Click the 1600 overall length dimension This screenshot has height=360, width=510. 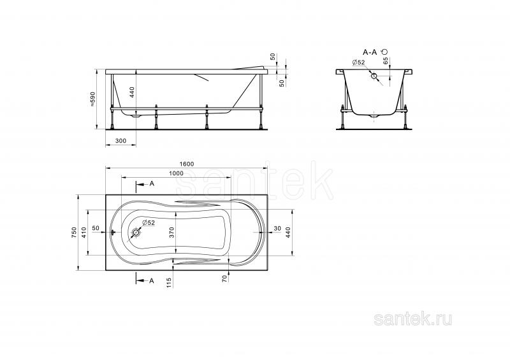[186, 164]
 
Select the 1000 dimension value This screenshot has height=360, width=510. [177, 173]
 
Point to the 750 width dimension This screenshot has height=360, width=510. [74, 232]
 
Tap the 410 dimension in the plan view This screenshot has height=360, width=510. [84, 232]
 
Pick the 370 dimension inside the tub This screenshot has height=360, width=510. [171, 232]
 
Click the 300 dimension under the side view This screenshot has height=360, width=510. [120, 141]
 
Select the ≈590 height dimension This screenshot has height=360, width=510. [92, 99]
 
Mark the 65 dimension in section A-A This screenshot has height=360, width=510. [385, 61]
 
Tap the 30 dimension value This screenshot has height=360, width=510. [277, 229]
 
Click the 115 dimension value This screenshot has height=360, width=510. [168, 282]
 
